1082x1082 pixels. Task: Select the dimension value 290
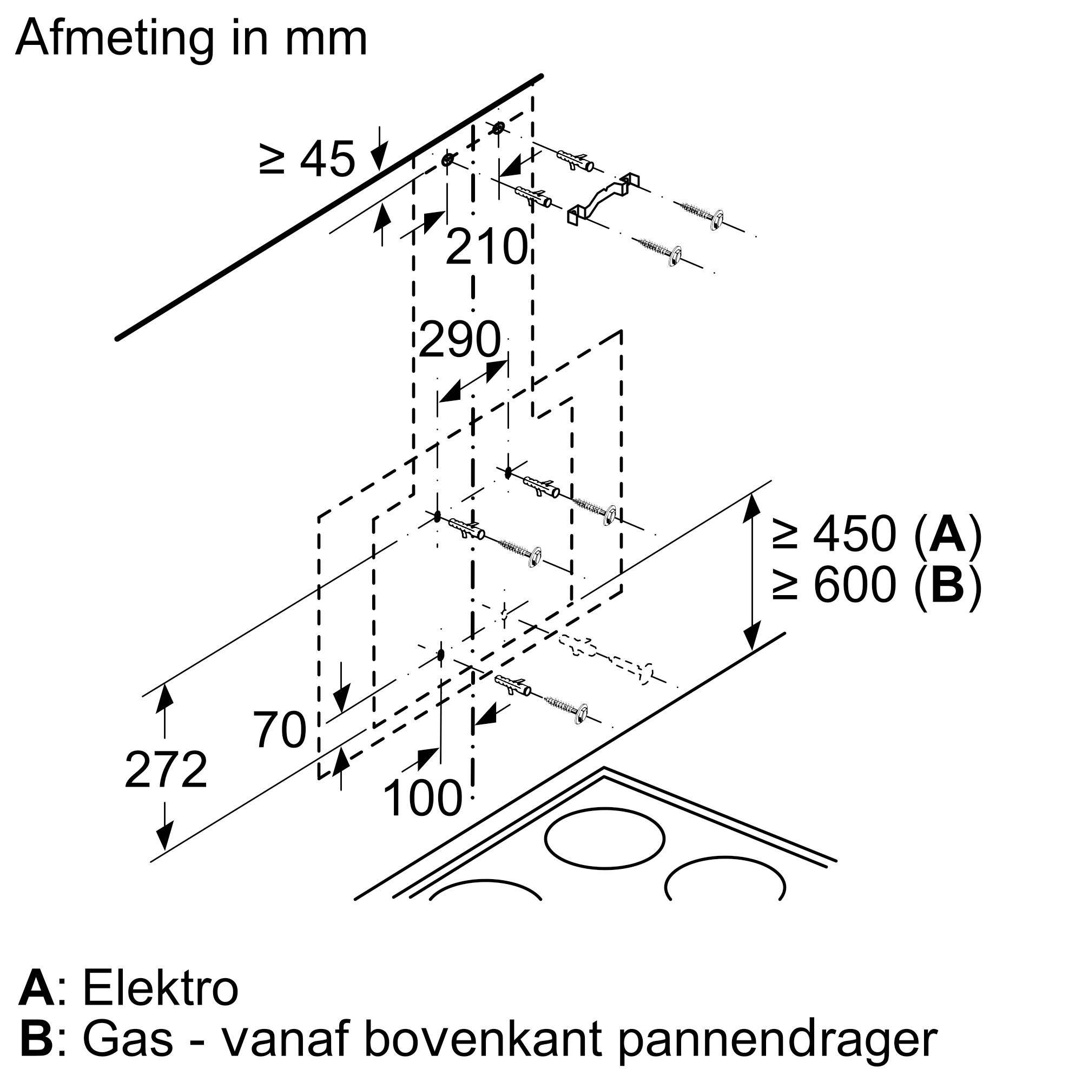pos(459,339)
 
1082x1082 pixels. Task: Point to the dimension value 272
pos(166,770)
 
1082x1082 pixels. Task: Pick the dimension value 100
pos(423,799)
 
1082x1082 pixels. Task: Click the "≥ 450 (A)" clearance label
pos(877,536)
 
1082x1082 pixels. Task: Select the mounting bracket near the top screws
pos(603,197)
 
